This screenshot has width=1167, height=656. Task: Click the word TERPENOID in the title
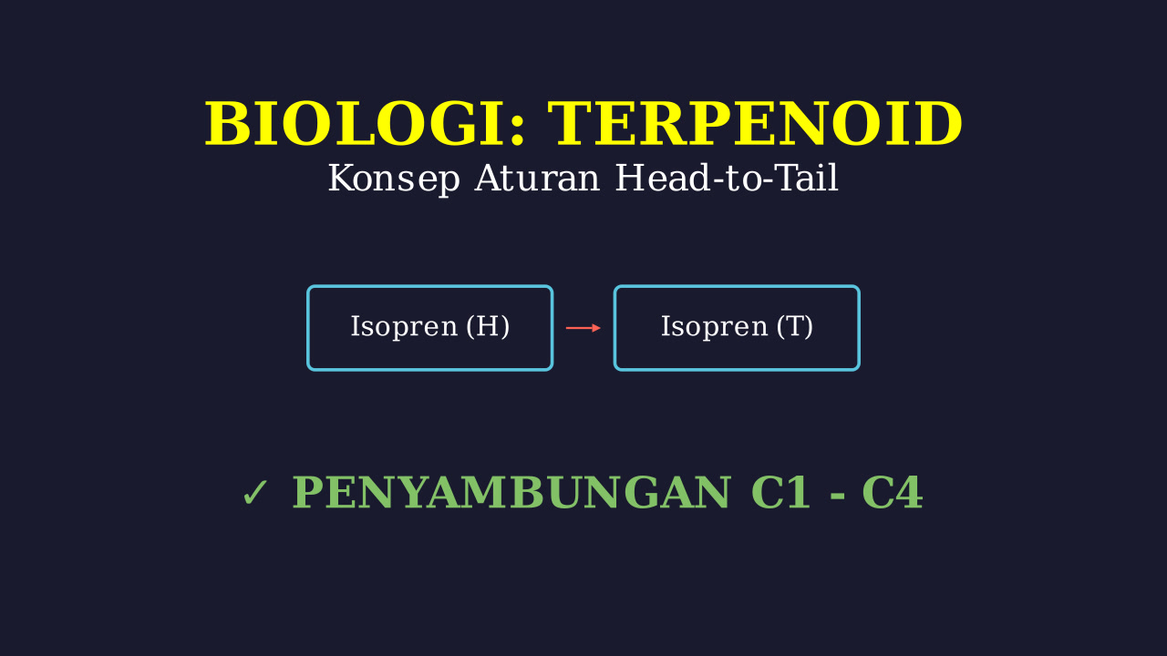[755, 125]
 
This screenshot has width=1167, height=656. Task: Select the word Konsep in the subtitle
[394, 179]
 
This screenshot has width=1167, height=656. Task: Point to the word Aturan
[537, 178]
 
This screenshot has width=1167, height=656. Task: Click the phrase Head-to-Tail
[727, 178]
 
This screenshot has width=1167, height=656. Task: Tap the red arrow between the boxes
[583, 328]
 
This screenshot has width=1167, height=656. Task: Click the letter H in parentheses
[488, 326]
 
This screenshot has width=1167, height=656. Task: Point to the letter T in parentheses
[794, 326]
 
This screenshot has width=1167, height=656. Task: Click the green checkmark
[254, 493]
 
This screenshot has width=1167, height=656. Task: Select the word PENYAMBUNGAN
[512, 493]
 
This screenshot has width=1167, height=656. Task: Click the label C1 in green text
[780, 493]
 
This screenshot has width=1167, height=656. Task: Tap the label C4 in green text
[893, 493]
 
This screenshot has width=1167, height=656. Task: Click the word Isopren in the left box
[404, 327]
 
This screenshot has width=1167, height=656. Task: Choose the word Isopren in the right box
[714, 327]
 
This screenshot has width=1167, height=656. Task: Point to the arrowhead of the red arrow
[596, 328]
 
